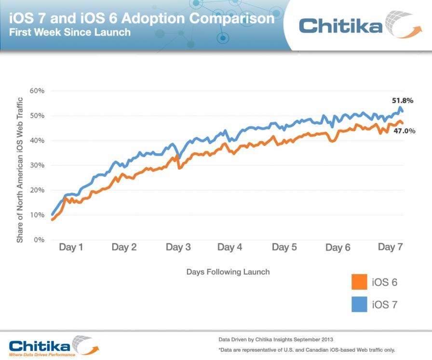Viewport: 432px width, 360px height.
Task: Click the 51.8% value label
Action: [x=402, y=101]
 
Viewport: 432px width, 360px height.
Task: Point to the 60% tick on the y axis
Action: [x=37, y=91]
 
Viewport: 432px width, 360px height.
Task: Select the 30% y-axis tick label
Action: [x=37, y=165]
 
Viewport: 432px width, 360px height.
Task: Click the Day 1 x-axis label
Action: [x=71, y=247]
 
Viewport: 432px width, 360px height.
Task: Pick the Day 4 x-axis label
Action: [x=229, y=247]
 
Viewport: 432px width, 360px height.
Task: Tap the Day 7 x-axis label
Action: [x=390, y=247]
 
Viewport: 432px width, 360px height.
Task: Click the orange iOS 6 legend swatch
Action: [x=359, y=282]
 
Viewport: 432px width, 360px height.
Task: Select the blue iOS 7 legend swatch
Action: [x=359, y=304]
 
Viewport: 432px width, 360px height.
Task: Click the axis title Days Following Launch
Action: [x=228, y=272]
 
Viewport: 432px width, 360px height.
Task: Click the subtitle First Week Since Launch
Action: [x=70, y=33]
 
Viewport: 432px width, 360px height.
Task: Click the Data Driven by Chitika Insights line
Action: [x=275, y=339]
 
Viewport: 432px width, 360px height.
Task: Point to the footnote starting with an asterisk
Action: [x=306, y=350]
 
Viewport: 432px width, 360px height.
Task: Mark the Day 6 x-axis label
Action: [x=337, y=248]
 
